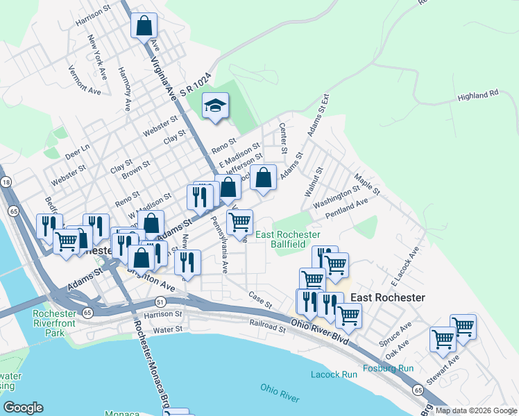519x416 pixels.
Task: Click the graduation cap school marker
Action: coord(215,106)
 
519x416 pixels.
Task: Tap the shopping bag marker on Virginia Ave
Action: coord(144,26)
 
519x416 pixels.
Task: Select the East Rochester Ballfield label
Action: coord(288,240)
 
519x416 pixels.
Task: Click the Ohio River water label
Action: coord(280,392)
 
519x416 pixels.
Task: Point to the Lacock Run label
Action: coord(334,374)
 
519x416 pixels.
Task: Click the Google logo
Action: coord(23,407)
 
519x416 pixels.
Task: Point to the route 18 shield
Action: coord(6,182)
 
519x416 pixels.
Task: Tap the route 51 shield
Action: coord(160,302)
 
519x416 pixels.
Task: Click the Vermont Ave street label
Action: coord(85,80)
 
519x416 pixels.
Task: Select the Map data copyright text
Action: coord(475,410)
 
